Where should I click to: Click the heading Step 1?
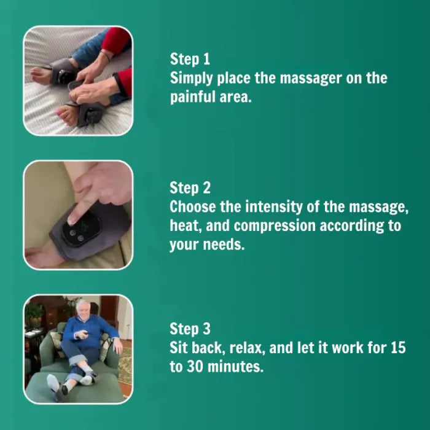pyautogui.click(x=190, y=59)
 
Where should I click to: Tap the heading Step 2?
pyautogui.click(x=190, y=188)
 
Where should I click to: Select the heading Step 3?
pyautogui.click(x=190, y=329)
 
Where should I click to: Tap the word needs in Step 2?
pyautogui.click(x=224, y=244)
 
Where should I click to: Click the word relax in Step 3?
pyautogui.click(x=247, y=348)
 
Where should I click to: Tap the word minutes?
pyautogui.click(x=235, y=366)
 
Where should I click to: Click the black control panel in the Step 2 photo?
pyautogui.click(x=80, y=229)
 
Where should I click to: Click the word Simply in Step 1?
pyautogui.click(x=191, y=79)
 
